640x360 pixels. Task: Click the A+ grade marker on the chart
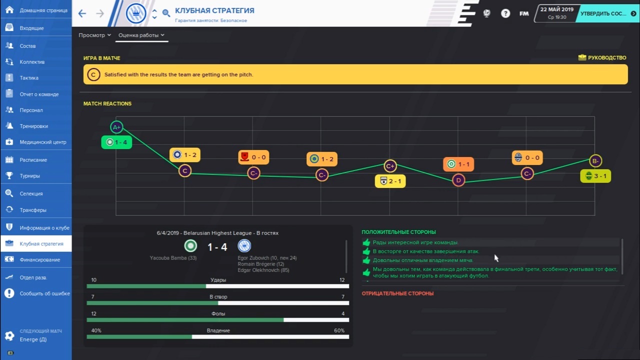pos(116,127)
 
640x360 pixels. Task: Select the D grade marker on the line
pos(458,180)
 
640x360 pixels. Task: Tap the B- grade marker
pos(595,161)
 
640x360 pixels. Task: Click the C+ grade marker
pos(390,166)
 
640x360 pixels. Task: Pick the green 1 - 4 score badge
pos(116,142)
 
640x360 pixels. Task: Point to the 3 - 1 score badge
pos(595,176)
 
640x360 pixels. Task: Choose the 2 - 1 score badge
pos(390,181)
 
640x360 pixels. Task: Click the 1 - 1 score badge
pos(458,164)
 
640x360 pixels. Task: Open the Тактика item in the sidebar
pos(29,78)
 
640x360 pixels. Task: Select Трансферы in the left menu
pos(33,210)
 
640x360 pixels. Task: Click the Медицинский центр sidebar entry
pos(42,142)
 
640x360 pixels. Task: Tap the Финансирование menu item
pos(39,259)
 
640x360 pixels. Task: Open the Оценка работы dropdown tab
pos(141,35)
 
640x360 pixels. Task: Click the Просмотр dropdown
pos(94,35)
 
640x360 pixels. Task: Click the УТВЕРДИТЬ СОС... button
pos(607,13)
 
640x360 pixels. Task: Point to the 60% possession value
pos(339,330)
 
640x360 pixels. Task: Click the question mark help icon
pos(505,13)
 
